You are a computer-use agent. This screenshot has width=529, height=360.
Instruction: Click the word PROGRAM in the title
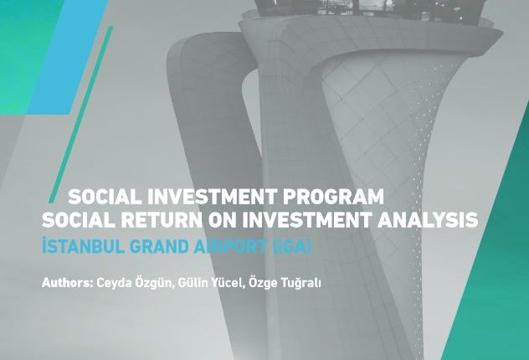[x=333, y=197]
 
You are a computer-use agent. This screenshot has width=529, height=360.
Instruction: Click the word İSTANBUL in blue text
[x=83, y=246]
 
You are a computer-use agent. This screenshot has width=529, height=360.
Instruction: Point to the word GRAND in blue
[x=159, y=247]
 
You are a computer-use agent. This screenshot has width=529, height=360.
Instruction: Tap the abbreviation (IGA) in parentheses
[x=292, y=247]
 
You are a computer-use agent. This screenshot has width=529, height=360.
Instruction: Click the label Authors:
[x=67, y=282]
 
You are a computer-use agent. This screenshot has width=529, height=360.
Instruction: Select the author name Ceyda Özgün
[x=136, y=283]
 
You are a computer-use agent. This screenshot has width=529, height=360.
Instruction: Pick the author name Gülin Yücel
[x=211, y=282]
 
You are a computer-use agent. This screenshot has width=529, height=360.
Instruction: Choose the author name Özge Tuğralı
[x=285, y=283]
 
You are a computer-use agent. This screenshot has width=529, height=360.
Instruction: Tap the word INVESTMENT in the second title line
[x=307, y=220]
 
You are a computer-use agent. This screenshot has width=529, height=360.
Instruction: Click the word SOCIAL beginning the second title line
[x=79, y=220]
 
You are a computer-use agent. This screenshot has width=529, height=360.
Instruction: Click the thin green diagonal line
[x=81, y=115]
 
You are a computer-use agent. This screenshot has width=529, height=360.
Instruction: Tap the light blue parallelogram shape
[x=68, y=58]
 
